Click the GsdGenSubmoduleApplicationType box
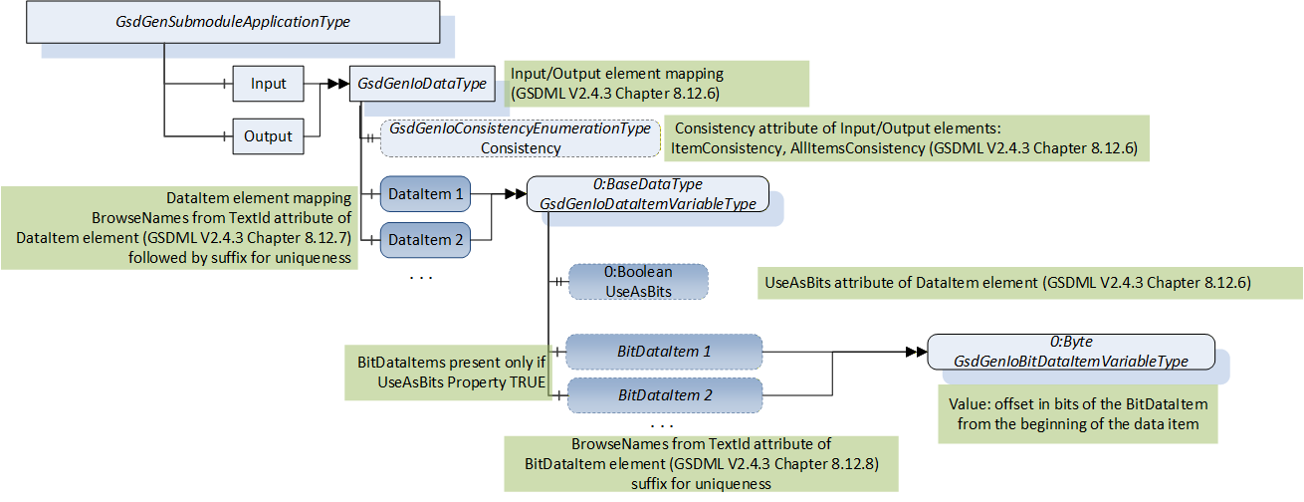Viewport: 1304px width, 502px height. pyautogui.click(x=233, y=22)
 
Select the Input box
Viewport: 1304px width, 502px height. pyautogui.click(x=268, y=84)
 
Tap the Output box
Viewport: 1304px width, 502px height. pyautogui.click(x=268, y=136)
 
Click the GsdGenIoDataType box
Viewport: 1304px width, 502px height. pyautogui.click(x=422, y=84)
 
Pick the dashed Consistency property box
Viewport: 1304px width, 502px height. pyautogui.click(x=521, y=138)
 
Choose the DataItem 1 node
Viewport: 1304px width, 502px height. pyautogui.click(x=425, y=194)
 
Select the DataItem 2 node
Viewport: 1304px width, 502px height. pyautogui.click(x=425, y=240)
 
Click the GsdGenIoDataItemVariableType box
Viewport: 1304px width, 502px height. pyautogui.click(x=647, y=194)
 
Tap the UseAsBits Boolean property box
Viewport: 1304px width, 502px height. pyautogui.click(x=638, y=282)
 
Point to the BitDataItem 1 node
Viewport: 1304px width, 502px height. pyautogui.click(x=664, y=352)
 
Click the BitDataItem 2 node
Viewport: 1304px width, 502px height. pyautogui.click(x=665, y=395)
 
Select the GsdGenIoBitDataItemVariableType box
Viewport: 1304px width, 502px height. pyautogui.click(x=1071, y=352)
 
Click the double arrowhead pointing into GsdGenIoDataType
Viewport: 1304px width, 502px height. pyautogui.click(x=338, y=84)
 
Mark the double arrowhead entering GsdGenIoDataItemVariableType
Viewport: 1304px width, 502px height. pyautogui.click(x=516, y=194)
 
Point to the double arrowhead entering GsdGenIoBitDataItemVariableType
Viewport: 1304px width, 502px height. pyautogui.click(x=917, y=352)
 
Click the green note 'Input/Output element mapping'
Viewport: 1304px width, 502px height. pyautogui.click(x=657, y=84)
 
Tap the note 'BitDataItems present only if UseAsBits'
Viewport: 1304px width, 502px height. pyautogui.click(x=448, y=373)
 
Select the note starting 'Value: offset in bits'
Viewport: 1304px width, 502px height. pyautogui.click(x=1078, y=414)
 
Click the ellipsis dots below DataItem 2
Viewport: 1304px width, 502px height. pyautogui.click(x=421, y=278)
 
